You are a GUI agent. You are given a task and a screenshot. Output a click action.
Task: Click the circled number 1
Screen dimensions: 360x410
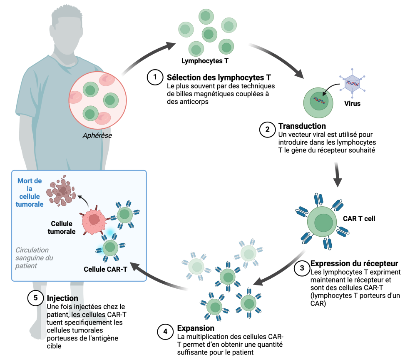pyautogui.click(x=155, y=77)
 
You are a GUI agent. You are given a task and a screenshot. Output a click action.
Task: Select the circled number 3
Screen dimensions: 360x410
pyautogui.click(x=301, y=268)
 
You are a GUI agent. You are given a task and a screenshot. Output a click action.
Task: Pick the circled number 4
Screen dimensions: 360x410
pyautogui.click(x=165, y=332)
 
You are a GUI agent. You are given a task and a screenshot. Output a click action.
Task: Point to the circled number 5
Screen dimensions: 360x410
pyautogui.click(x=35, y=298)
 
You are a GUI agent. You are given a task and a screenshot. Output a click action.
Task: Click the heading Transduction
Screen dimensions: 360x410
pyautogui.click(x=302, y=126)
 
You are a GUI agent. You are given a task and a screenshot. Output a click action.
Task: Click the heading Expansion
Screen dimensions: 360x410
pyautogui.click(x=196, y=328)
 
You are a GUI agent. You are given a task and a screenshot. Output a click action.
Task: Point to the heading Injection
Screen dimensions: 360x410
pyautogui.click(x=62, y=298)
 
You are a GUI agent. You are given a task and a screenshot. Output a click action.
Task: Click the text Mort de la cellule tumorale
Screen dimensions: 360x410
pyautogui.click(x=30, y=193)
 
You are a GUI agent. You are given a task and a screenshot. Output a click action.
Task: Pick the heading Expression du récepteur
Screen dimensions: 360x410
pyautogui.click(x=354, y=264)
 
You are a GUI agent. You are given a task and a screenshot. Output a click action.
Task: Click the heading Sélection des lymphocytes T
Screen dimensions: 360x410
pyautogui.click(x=219, y=77)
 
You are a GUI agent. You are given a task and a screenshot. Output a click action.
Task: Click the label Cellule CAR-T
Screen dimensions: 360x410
pyautogui.click(x=105, y=269)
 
